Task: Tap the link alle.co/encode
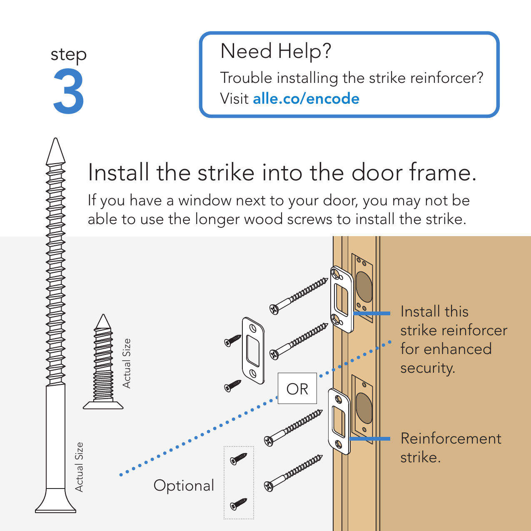(306, 99)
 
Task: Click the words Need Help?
(276, 51)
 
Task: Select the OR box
(297, 389)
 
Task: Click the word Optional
(184, 486)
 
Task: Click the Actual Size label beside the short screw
(127, 363)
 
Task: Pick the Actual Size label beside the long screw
(79, 467)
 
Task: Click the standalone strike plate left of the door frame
(253, 350)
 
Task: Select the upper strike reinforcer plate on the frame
(342, 299)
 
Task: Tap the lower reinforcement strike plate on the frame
(339, 421)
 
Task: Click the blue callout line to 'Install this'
(371, 313)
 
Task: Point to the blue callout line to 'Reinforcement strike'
(370, 439)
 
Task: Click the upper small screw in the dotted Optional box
(239, 459)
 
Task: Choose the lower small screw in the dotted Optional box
(239, 504)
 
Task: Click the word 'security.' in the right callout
(427, 368)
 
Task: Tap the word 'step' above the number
(69, 55)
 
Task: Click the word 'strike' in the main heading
(225, 173)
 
